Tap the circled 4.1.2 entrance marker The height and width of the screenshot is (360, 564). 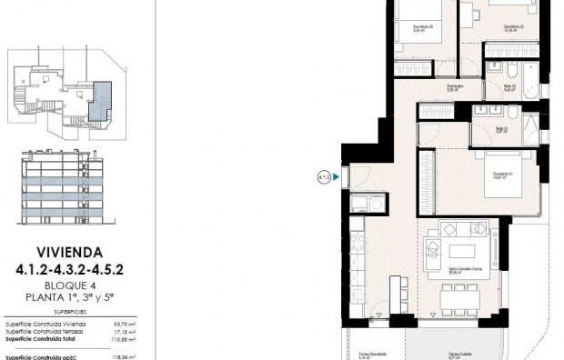tap(324, 176)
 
